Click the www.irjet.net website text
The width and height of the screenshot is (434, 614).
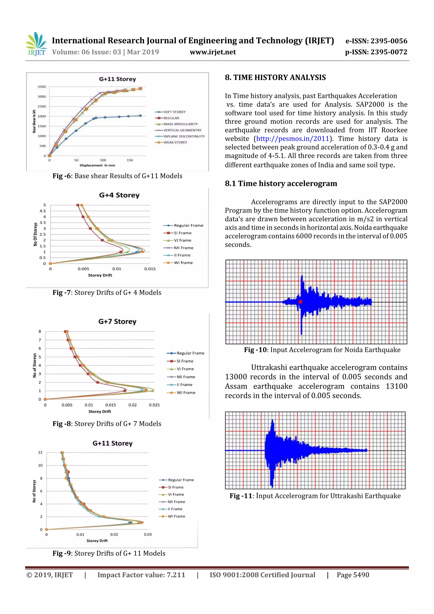(213, 52)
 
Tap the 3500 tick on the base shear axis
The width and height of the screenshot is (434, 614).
(42, 87)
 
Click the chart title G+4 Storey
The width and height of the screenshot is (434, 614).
(119, 195)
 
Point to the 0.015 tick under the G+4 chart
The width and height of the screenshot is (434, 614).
(150, 269)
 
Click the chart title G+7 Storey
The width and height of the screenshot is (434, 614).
(117, 322)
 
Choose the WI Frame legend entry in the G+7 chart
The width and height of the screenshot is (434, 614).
(186, 393)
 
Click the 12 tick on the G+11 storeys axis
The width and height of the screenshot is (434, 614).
(40, 452)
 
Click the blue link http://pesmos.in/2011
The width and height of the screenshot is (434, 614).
(292, 139)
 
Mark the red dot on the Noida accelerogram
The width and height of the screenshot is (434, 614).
(300, 302)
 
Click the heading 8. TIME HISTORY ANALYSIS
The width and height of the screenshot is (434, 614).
(275, 78)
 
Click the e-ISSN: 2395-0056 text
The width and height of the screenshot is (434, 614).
(376, 41)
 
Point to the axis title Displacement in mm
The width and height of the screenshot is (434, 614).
(97, 165)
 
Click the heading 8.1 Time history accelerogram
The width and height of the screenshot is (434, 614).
(281, 184)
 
